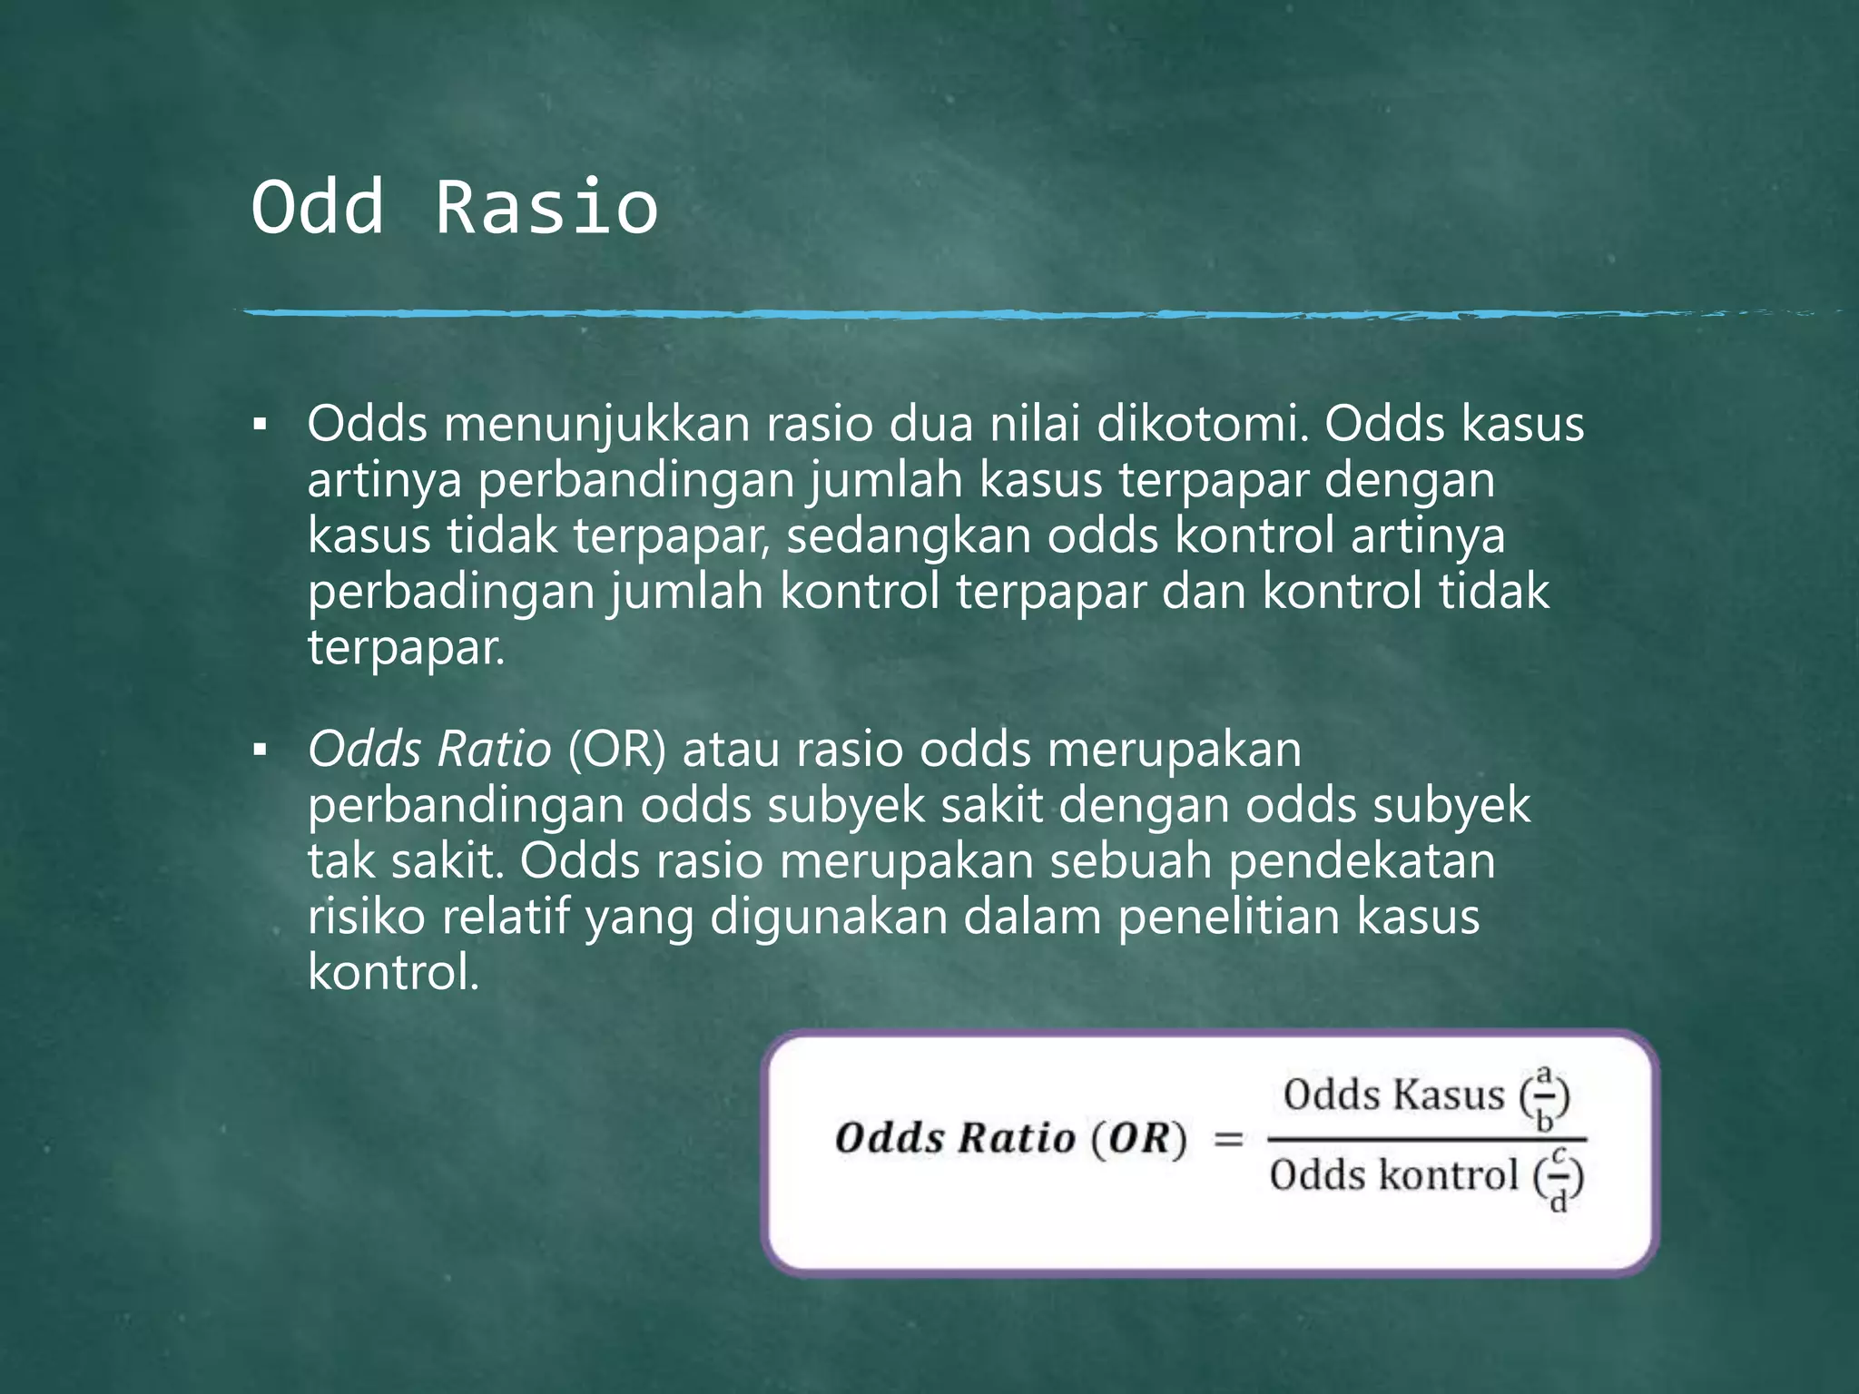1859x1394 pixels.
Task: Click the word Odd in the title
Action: (318, 207)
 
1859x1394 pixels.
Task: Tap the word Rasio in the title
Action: (546, 207)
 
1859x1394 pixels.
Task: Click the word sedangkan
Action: (909, 535)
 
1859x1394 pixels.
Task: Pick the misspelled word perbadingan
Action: (451, 592)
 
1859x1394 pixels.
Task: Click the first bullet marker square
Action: (261, 424)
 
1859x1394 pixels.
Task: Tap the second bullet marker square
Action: (261, 750)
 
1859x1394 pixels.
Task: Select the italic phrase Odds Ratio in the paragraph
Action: (429, 750)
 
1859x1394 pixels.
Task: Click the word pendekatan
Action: (1362, 860)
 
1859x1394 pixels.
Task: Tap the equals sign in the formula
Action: (1228, 1139)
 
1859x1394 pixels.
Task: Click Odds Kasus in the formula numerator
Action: (1393, 1095)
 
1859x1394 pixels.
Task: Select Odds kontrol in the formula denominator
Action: (1393, 1175)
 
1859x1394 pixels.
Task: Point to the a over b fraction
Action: (1545, 1098)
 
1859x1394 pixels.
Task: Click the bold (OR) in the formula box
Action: (1138, 1139)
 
